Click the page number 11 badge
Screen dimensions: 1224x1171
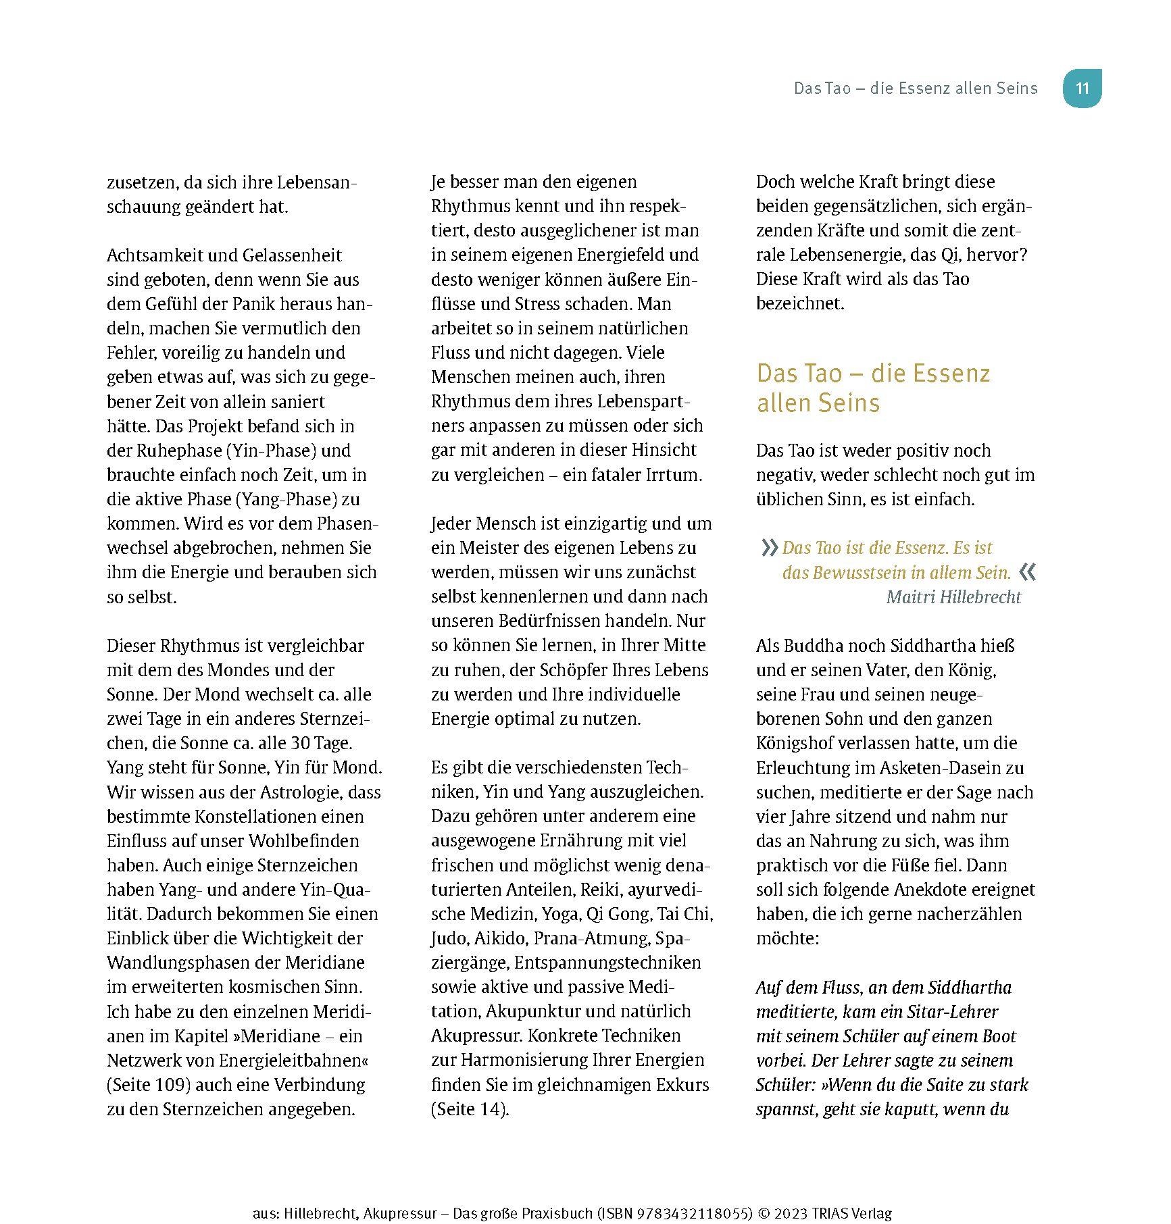(x=1082, y=88)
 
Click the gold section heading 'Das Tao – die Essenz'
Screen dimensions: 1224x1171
(x=873, y=374)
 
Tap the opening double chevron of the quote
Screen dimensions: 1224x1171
(x=770, y=547)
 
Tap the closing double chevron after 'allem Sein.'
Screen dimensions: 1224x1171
(x=1028, y=573)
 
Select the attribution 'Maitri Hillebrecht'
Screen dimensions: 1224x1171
(x=953, y=597)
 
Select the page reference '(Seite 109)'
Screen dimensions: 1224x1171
(x=146, y=1085)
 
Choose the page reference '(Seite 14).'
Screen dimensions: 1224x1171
(x=470, y=1109)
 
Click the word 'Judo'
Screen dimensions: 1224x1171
(x=449, y=938)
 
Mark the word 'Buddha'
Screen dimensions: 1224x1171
(x=814, y=646)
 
